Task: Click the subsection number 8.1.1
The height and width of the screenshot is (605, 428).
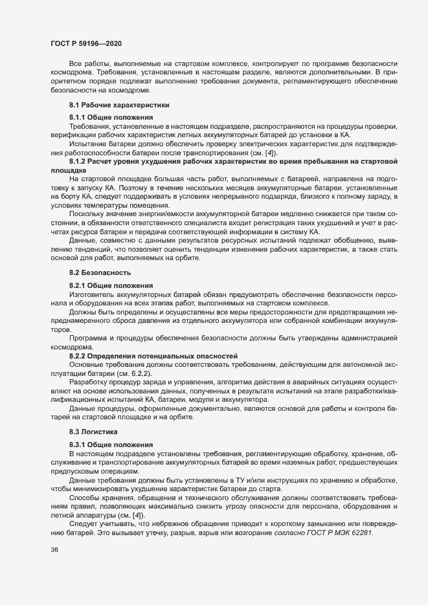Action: click(78, 116)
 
